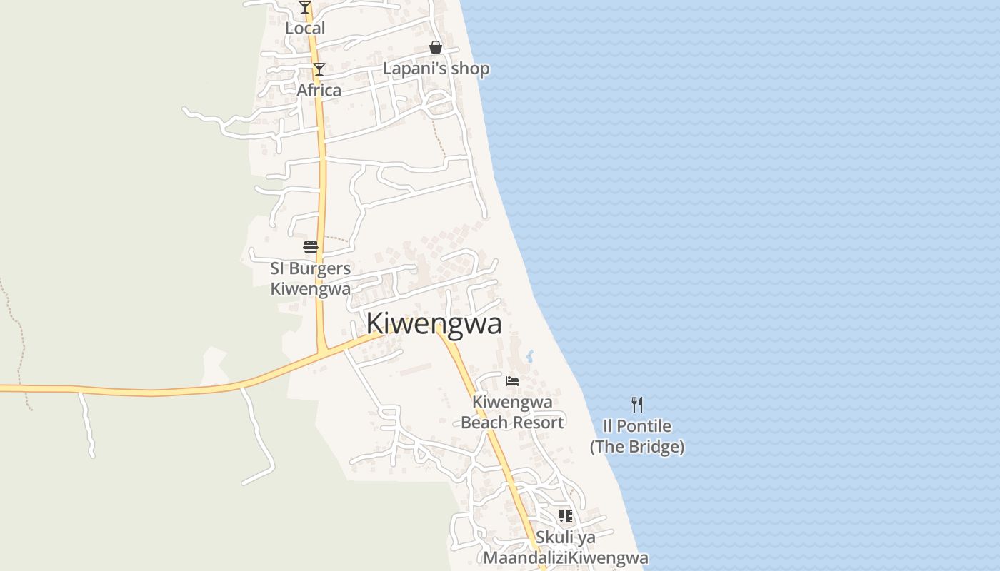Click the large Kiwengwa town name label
point(434,324)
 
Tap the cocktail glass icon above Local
point(305,7)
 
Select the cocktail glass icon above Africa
point(319,69)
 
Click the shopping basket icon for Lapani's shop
point(436,48)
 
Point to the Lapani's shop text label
point(436,69)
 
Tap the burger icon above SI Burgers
point(311,247)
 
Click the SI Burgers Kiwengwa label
point(311,278)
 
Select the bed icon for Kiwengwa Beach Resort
point(512,380)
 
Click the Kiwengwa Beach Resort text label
point(512,412)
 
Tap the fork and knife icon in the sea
point(637,405)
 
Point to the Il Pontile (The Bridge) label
point(637,436)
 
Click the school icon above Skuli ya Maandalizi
point(566,515)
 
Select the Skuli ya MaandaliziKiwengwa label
point(566,547)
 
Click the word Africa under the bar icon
point(319,91)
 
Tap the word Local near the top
point(305,29)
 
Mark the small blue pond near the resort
point(529,355)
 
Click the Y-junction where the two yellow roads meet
point(323,350)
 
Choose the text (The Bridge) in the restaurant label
point(637,447)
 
